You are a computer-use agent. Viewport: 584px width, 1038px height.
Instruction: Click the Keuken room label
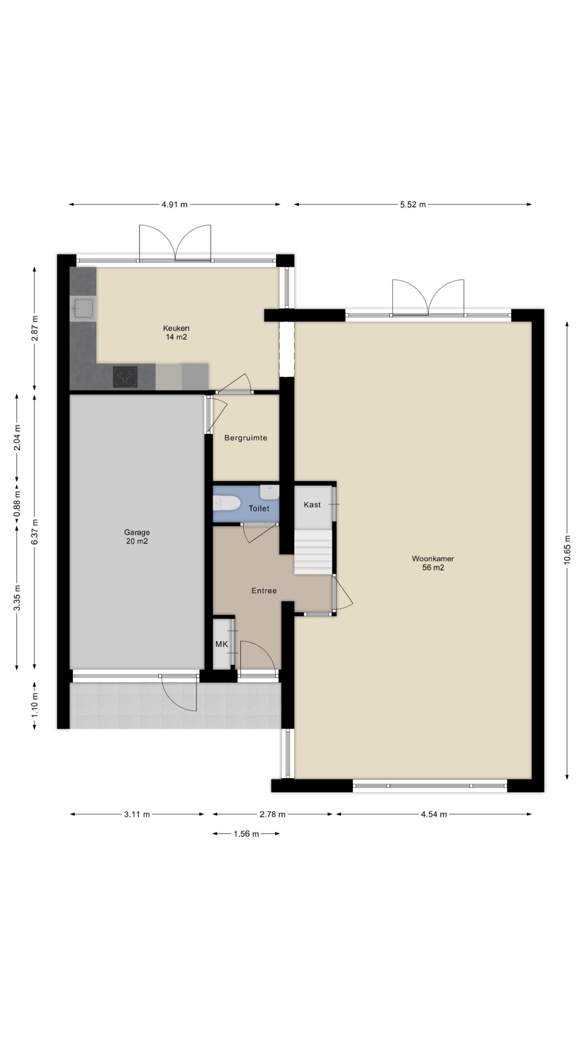click(x=176, y=328)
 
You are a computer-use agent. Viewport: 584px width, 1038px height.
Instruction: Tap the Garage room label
click(x=137, y=532)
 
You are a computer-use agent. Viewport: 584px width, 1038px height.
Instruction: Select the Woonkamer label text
click(x=433, y=558)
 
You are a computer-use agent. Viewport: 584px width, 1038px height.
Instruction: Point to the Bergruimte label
click(x=246, y=438)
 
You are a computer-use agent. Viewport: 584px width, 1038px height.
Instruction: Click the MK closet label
click(x=221, y=644)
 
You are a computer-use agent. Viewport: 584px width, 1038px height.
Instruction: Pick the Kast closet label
click(x=312, y=504)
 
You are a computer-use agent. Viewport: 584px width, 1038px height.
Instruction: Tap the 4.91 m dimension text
click(x=175, y=204)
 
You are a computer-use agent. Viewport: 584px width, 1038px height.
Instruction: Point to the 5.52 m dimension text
click(x=413, y=204)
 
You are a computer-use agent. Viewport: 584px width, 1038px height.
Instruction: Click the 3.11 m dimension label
click(x=137, y=814)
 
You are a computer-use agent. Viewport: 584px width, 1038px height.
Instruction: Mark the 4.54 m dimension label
click(x=434, y=814)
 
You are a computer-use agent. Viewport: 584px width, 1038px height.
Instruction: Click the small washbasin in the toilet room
click(x=269, y=492)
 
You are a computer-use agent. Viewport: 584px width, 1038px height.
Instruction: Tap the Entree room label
click(x=264, y=591)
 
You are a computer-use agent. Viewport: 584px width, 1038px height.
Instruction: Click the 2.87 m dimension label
click(x=35, y=328)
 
